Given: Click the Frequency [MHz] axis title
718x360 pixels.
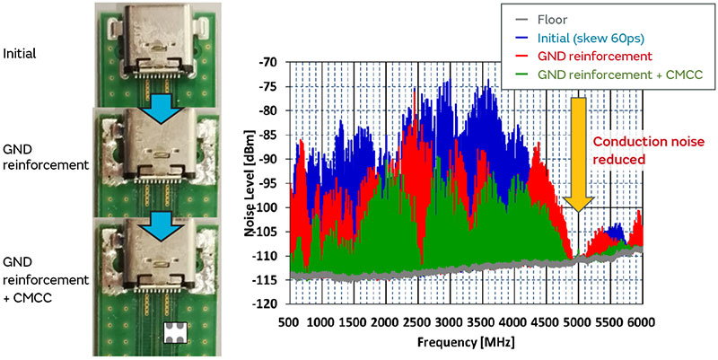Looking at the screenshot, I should [x=464, y=343].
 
